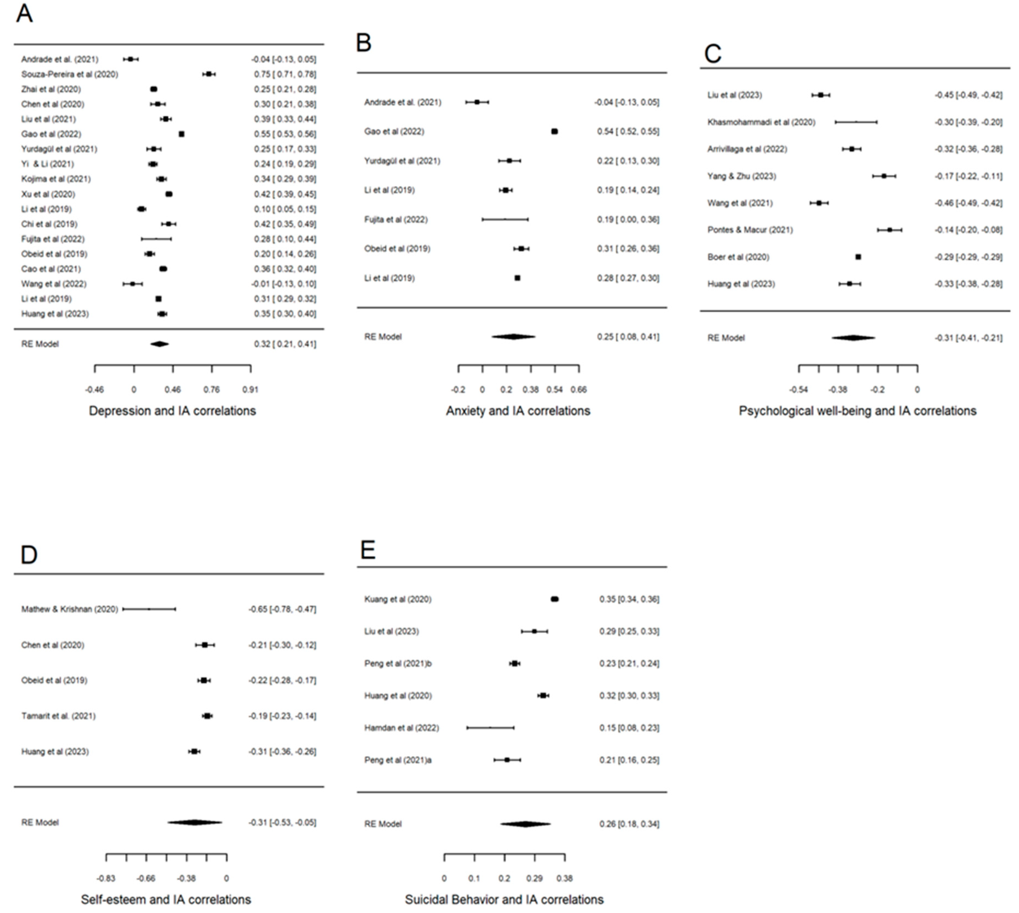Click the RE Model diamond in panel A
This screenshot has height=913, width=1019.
tap(160, 344)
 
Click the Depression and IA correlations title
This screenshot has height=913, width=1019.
tap(172, 411)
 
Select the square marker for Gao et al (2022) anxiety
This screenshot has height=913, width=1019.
tap(554, 132)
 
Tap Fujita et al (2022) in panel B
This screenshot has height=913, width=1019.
tap(396, 220)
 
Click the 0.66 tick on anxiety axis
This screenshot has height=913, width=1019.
tap(579, 389)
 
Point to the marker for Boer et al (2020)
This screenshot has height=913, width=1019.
tap(858, 257)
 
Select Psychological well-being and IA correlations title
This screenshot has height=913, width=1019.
tap(857, 411)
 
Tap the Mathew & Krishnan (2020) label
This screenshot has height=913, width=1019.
tap(69, 609)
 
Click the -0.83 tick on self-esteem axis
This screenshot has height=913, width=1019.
tap(106, 878)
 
